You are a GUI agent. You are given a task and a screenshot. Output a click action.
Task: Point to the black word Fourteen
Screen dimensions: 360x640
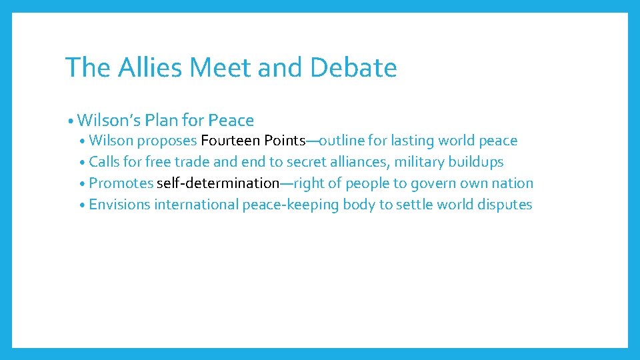[x=231, y=141]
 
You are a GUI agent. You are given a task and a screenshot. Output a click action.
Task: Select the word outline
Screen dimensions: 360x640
[x=345, y=141]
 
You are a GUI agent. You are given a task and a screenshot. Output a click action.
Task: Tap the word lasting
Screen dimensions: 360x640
[x=415, y=141]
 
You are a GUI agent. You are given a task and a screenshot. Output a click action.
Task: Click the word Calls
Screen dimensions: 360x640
[x=105, y=162]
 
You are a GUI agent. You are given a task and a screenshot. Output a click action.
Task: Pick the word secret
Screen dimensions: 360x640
[x=308, y=162]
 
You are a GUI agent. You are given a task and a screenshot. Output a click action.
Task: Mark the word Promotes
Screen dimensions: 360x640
[x=121, y=183]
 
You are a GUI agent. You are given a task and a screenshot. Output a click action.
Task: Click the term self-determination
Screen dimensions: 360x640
[x=218, y=183]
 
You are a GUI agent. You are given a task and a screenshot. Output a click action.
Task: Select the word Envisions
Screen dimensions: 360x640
[x=119, y=205]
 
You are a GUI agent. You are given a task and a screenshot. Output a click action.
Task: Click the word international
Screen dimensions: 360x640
[x=196, y=205]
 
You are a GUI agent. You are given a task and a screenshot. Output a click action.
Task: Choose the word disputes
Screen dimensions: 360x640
[x=504, y=205]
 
